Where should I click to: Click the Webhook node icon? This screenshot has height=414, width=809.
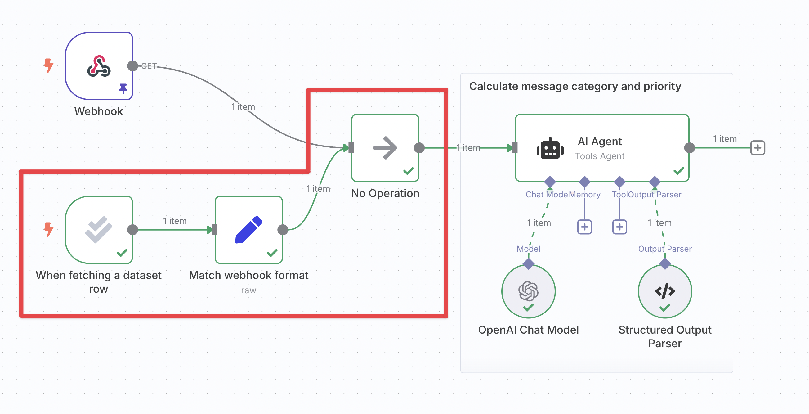pyautogui.click(x=99, y=66)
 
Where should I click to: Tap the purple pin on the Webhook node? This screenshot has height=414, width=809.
pyautogui.click(x=123, y=88)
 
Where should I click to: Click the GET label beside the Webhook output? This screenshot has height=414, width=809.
pyautogui.click(x=149, y=66)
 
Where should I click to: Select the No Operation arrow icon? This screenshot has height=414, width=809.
pyautogui.click(x=385, y=148)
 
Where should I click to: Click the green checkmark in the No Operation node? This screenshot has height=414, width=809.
pyautogui.click(x=409, y=171)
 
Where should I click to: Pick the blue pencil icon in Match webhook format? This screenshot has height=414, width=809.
pyautogui.click(x=249, y=230)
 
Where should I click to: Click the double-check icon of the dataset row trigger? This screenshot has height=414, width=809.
pyautogui.click(x=99, y=230)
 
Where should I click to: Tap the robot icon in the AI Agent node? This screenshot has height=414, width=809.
pyautogui.click(x=550, y=148)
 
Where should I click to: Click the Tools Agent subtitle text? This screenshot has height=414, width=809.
pyautogui.click(x=600, y=156)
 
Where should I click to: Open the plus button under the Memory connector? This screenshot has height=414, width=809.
pyautogui.click(x=584, y=227)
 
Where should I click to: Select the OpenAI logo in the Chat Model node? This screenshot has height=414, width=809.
pyautogui.click(x=528, y=290)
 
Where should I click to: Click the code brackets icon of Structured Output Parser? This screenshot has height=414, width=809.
pyautogui.click(x=665, y=291)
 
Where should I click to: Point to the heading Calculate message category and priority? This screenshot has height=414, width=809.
pyautogui.click(x=575, y=86)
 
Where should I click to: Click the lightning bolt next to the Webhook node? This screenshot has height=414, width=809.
pyautogui.click(x=49, y=65)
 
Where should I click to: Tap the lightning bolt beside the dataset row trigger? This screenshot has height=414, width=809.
pyautogui.click(x=49, y=229)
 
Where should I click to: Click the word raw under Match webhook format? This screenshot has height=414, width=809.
pyautogui.click(x=248, y=290)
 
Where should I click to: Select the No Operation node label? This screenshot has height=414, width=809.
pyautogui.click(x=385, y=193)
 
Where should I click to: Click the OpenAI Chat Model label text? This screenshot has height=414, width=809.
pyautogui.click(x=528, y=330)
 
